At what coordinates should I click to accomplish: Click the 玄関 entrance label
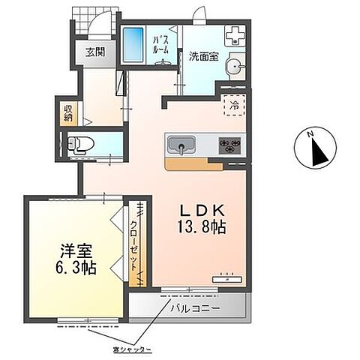coord(94,52)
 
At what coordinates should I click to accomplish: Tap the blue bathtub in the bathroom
coord(135,46)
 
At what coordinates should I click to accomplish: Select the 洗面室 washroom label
coord(203,55)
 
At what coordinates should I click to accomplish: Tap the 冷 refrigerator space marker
coord(234,105)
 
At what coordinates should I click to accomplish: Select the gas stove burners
coord(229,142)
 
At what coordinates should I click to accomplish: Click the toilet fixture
coord(78,145)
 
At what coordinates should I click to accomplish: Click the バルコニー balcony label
coord(194,307)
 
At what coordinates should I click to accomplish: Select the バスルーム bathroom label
coord(160,43)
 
